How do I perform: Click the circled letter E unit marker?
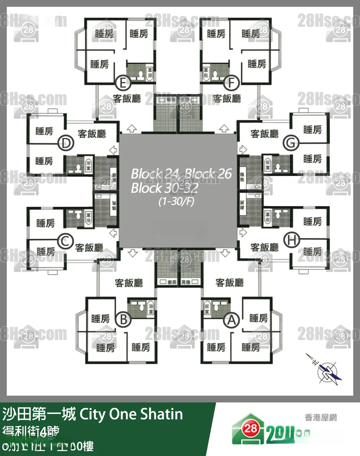(123, 83)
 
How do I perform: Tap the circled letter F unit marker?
(232, 82)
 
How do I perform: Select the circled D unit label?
(66, 143)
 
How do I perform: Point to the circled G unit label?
(291, 143)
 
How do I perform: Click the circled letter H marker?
(291, 240)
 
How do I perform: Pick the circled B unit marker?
(123, 319)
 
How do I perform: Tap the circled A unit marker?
(231, 320)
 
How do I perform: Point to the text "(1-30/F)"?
(176, 201)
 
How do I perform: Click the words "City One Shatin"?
(131, 414)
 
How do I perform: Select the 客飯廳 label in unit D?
(92, 134)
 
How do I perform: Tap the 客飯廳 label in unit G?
(264, 134)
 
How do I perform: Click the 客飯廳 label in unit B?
(129, 283)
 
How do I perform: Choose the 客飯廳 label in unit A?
(229, 282)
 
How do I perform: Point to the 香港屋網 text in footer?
(320, 417)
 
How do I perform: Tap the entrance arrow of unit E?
(131, 128)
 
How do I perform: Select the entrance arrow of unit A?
(225, 253)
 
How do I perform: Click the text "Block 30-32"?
(165, 188)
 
